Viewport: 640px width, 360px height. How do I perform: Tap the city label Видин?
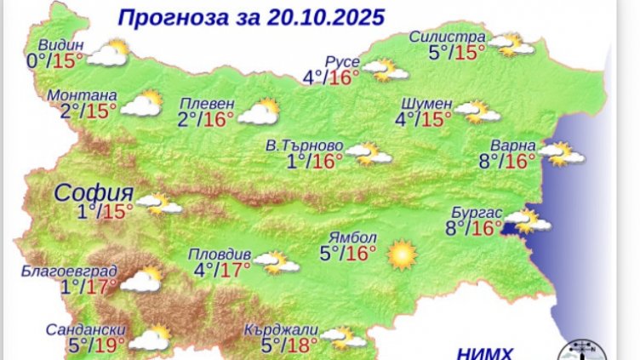tap(62, 45)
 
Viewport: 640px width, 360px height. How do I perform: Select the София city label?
tap(94, 191)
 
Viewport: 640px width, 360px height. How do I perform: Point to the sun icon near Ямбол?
tap(401, 254)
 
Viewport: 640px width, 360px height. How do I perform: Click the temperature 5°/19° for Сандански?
tap(97, 345)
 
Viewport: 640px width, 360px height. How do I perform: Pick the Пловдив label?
tap(220, 254)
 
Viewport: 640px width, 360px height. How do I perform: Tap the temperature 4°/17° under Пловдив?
tap(221, 270)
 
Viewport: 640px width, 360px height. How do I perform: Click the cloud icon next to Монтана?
tap(141, 106)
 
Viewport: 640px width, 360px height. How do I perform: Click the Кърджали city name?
tap(280, 329)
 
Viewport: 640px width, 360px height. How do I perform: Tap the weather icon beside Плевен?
tap(259, 111)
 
